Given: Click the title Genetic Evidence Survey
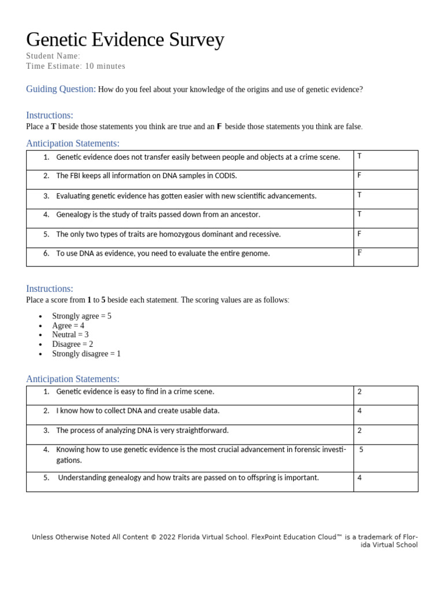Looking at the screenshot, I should point(125,40).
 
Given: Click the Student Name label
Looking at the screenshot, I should point(53,56).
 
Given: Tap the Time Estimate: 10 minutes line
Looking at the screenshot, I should point(75,66).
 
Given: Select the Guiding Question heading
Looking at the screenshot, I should point(61,89).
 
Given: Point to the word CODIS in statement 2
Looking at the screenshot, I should point(225,176).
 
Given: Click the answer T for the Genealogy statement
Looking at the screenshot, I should point(359,214).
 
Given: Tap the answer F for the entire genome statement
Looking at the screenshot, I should point(359,253).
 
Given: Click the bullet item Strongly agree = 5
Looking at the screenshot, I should point(82,316).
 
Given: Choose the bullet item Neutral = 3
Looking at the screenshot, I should point(70,335).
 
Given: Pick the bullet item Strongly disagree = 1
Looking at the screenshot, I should point(86,354).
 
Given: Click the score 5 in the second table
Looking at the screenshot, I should point(361,450).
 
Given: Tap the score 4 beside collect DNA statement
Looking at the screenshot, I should point(360,411).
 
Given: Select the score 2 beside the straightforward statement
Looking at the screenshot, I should point(360,431).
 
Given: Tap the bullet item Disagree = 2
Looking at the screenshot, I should point(72,345).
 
